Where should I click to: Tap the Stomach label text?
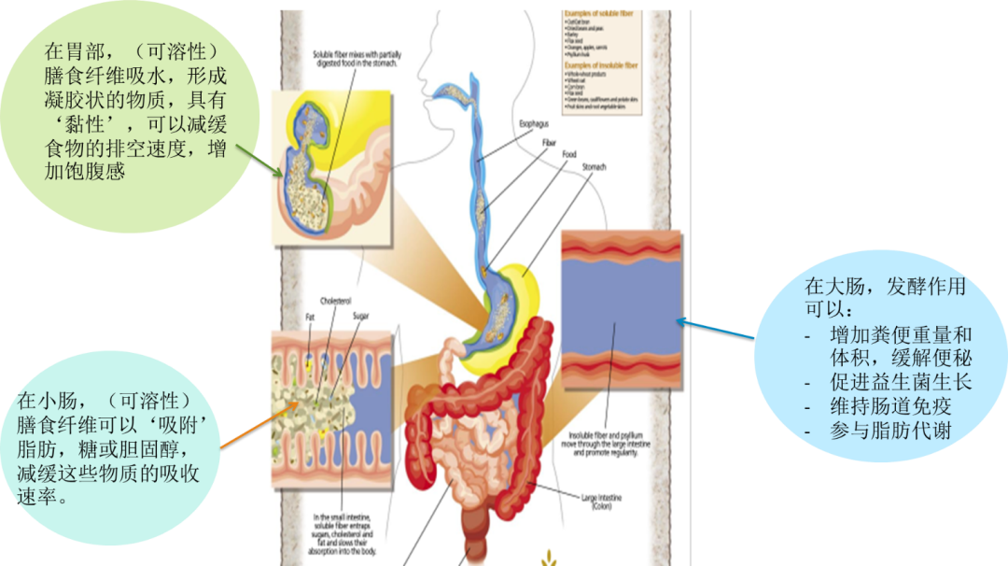[x=595, y=167]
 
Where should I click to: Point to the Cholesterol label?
[x=335, y=302]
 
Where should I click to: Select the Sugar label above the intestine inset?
[x=360, y=316]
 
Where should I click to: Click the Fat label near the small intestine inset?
[x=311, y=318]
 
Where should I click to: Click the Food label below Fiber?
[x=568, y=154]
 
